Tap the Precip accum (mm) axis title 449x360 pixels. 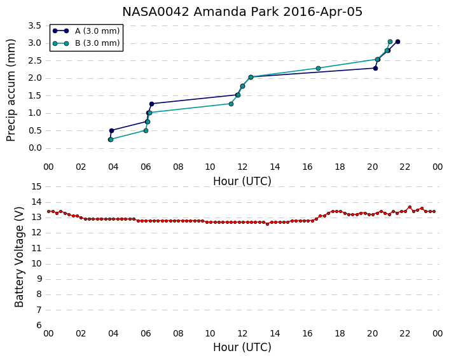11,90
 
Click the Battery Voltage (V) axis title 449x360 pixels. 19,257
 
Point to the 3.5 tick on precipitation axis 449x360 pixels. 34,26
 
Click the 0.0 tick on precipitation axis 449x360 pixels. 34,148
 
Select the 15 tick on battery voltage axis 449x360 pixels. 36,187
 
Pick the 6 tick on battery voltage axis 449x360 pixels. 39,325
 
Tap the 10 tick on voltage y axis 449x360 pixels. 36,263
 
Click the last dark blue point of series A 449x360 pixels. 397,42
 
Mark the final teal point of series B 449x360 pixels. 390,42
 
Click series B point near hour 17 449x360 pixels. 318,69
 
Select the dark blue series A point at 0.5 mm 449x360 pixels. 112,130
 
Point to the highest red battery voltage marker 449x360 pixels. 410,207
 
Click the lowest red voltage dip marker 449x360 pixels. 268,224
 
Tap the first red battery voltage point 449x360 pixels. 49,212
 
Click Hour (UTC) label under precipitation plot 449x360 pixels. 242,181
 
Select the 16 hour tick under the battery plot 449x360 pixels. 308,334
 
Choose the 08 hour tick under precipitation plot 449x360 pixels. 178,167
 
